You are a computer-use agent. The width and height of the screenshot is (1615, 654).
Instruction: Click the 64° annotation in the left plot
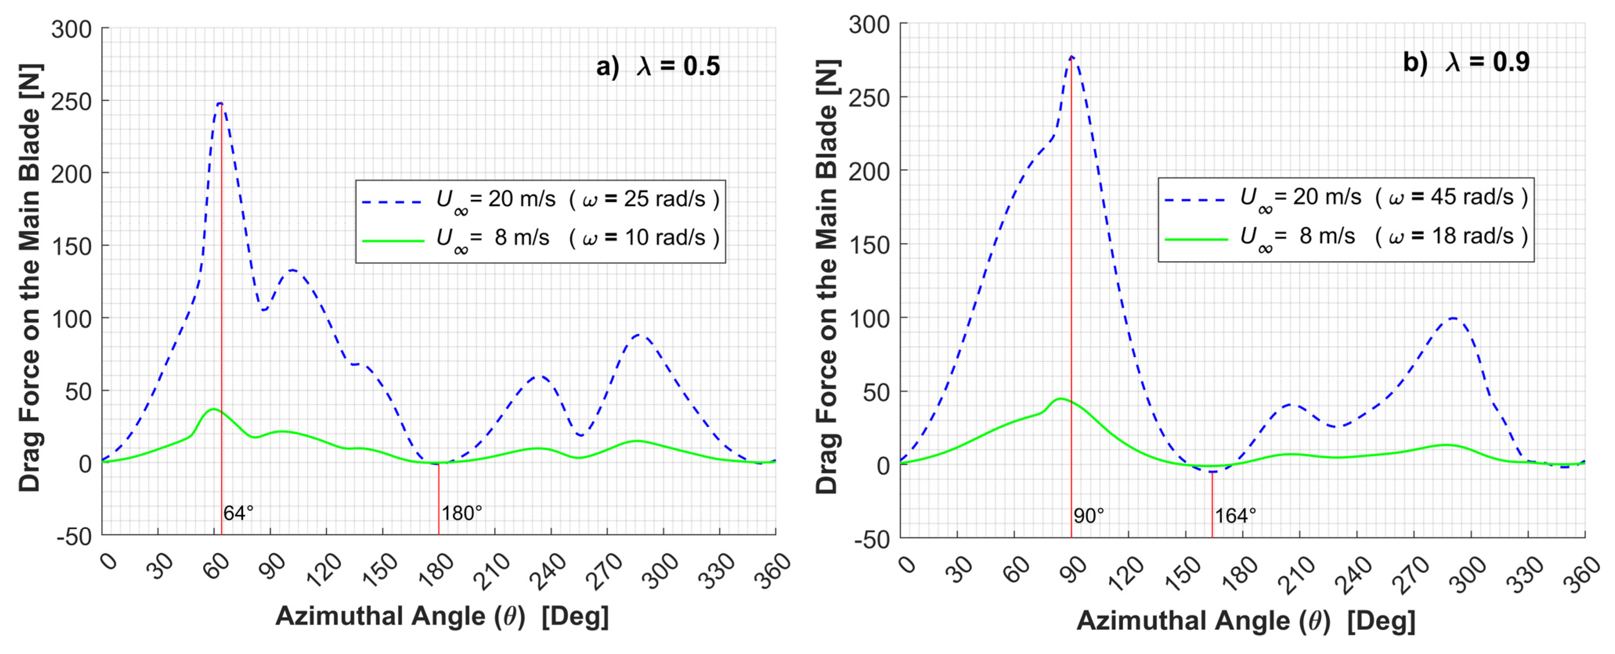pyautogui.click(x=238, y=513)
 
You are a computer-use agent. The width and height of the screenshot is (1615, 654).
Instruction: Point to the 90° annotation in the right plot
pyautogui.click(x=1088, y=516)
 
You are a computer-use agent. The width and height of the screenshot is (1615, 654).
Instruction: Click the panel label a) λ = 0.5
pyautogui.click(x=658, y=66)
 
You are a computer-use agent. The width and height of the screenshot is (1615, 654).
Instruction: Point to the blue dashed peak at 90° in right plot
pyautogui.click(x=1071, y=57)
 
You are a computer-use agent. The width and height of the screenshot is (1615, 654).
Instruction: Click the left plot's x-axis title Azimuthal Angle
pyautogui.click(x=442, y=616)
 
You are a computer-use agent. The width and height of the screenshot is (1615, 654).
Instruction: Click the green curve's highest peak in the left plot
pyautogui.click(x=213, y=409)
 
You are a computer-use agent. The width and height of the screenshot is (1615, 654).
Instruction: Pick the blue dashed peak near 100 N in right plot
pyautogui.click(x=1452, y=318)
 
